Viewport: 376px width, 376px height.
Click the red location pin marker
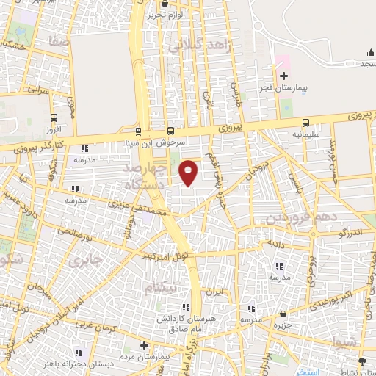click(189, 173)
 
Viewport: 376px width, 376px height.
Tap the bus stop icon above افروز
click(54, 117)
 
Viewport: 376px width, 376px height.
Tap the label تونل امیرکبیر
click(171, 256)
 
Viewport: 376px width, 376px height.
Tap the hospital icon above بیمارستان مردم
click(144, 345)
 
